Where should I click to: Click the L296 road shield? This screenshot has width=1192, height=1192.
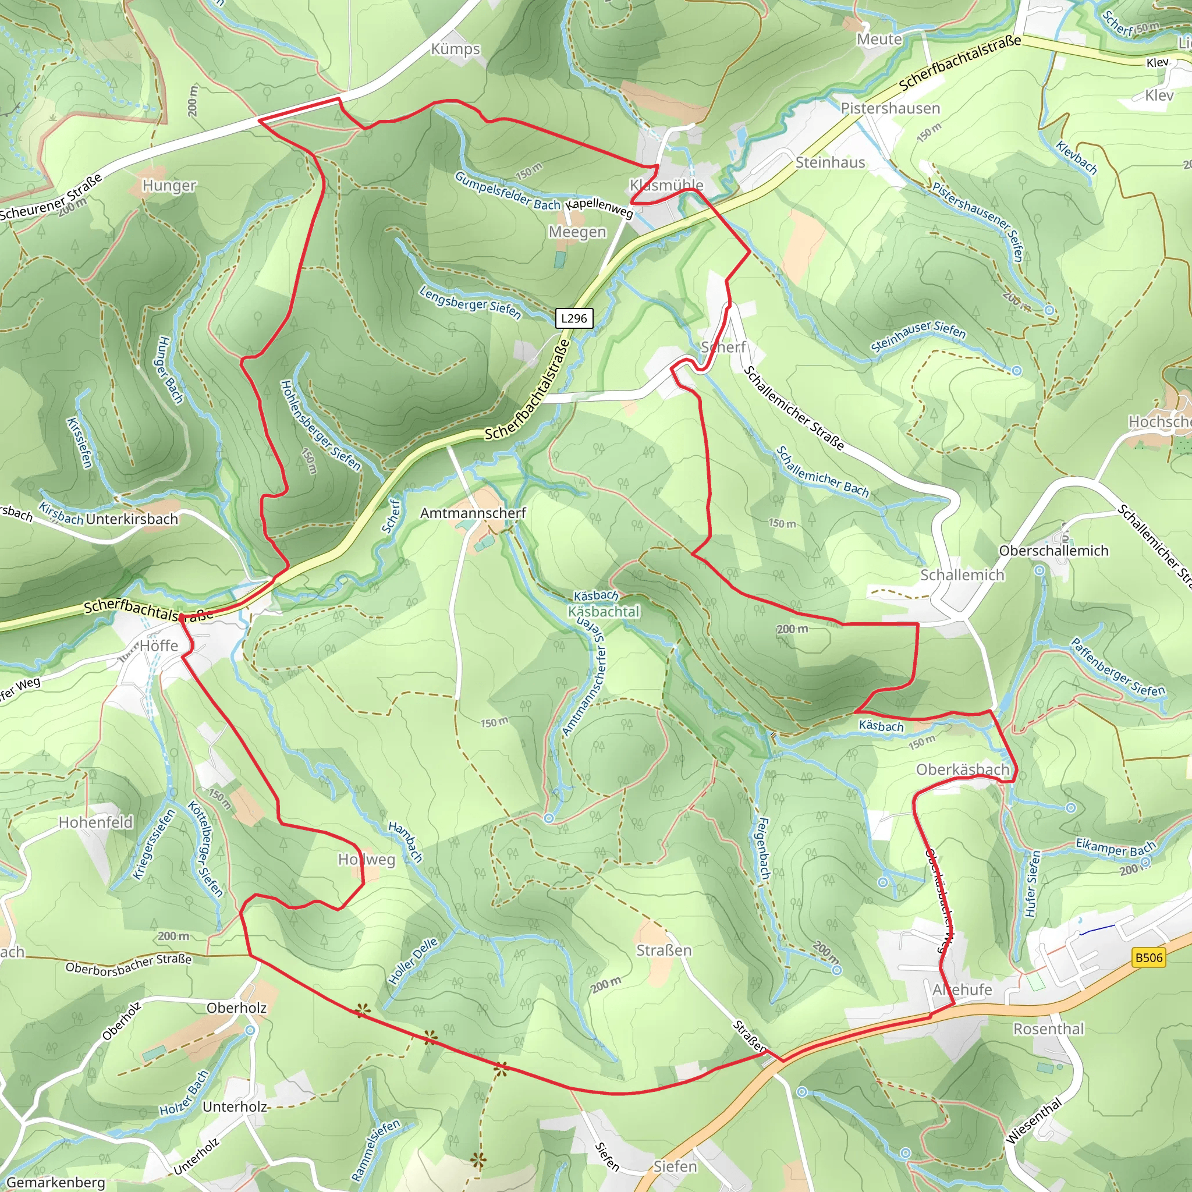coord(574,318)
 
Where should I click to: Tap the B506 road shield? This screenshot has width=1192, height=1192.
coord(1148,957)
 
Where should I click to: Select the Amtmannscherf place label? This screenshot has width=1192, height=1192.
coord(473,513)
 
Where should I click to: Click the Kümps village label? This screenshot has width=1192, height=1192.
coord(455,49)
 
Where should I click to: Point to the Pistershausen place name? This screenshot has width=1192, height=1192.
coord(891,109)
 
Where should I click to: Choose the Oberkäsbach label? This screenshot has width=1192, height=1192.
coord(963,769)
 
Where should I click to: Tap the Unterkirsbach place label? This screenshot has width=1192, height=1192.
coord(132,520)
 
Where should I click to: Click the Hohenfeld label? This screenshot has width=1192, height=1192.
coord(95,822)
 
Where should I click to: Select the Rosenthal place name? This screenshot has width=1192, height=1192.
coord(1048,1029)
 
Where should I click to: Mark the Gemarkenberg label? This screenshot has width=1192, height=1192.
coord(55,1182)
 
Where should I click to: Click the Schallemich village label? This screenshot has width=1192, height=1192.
coord(962,575)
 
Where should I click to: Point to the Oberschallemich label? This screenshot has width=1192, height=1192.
coord(1053,551)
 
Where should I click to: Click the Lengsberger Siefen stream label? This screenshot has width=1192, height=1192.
coord(470,302)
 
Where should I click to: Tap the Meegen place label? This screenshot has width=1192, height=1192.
coord(577,232)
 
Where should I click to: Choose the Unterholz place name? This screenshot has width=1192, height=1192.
coord(235,1107)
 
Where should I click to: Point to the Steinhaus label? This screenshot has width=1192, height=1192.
coord(830,163)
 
